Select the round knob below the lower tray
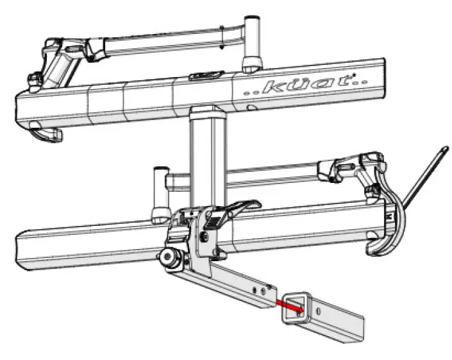[171, 259]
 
